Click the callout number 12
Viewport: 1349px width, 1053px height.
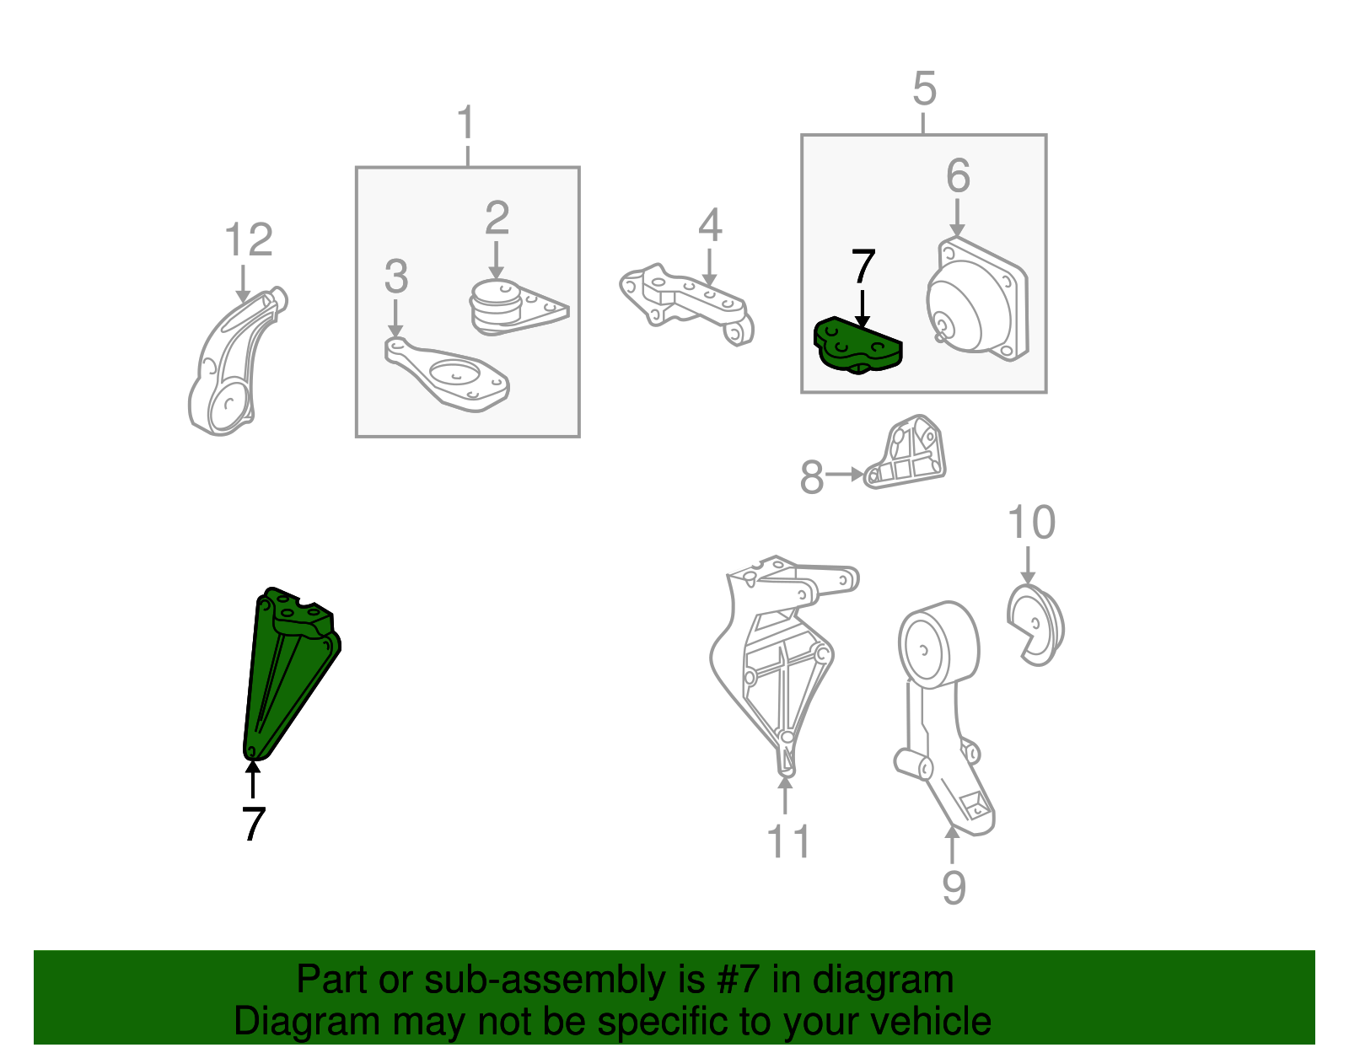pos(249,239)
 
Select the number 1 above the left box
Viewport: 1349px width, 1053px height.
pos(466,122)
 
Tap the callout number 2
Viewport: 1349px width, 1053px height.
pos(497,218)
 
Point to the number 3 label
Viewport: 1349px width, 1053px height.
pos(396,277)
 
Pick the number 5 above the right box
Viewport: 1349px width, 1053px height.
pos(924,89)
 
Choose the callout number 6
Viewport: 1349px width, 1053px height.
pos(957,175)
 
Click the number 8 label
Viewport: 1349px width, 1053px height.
pos(811,477)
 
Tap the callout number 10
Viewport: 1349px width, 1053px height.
pos(1030,522)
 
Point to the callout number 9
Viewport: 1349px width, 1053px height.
pos(954,887)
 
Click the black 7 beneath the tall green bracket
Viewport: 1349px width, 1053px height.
pos(254,824)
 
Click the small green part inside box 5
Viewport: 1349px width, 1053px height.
pos(857,345)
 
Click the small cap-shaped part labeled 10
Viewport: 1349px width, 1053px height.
pos(1035,625)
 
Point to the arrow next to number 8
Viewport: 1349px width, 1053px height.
pos(845,475)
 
